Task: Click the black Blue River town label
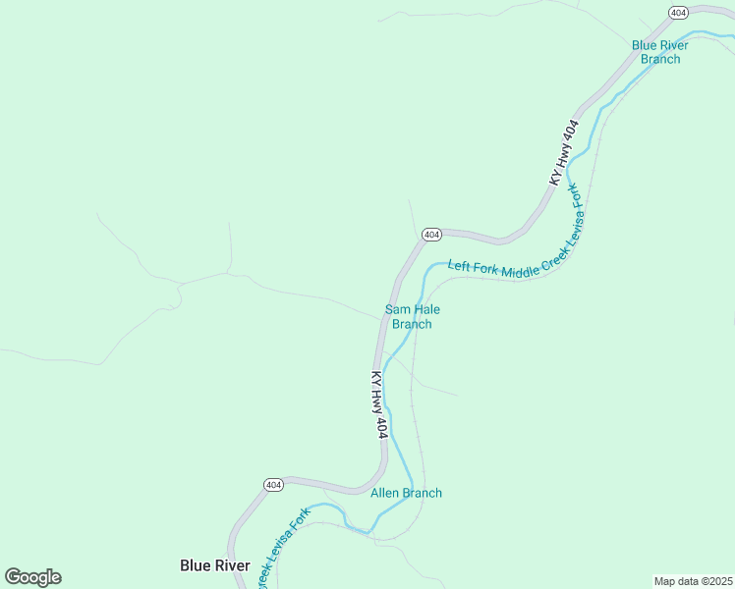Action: pos(215,565)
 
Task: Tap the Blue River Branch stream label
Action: pos(660,52)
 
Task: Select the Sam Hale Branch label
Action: pos(412,316)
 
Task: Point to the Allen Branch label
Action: pos(406,493)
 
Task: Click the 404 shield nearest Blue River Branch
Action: pos(678,12)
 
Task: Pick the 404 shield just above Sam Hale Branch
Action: pos(431,235)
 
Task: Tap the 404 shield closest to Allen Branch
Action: pos(274,485)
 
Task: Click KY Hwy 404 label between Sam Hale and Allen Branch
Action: pos(380,404)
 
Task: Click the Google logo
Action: pos(33,577)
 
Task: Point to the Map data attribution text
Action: pos(694,581)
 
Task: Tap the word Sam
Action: pos(398,308)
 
